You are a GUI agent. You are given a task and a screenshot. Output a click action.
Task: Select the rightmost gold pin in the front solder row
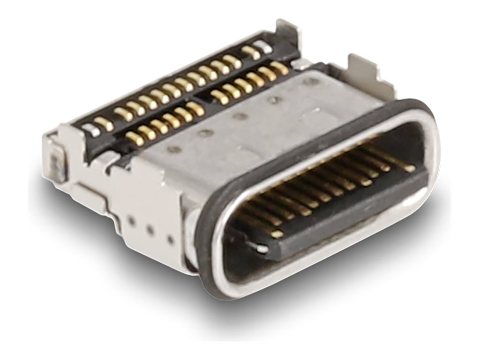pyautogui.click(x=279, y=67)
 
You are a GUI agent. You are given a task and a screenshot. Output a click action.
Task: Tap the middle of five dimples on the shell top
pyautogui.click(x=240, y=116)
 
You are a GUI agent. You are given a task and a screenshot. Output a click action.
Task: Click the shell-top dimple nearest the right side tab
pyautogui.click(x=309, y=82)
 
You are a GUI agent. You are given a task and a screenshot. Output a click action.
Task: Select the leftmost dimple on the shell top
pyautogui.click(x=174, y=150)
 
